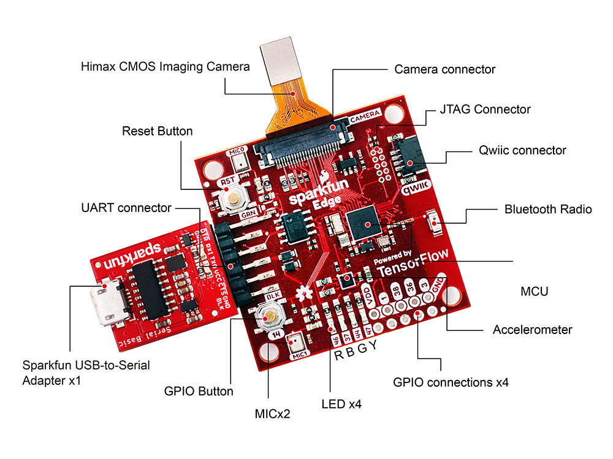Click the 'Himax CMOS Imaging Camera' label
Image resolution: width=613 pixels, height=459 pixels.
[166, 66]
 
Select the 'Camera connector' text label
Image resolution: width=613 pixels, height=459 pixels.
[444, 69]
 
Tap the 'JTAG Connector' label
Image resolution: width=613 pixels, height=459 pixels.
[485, 110]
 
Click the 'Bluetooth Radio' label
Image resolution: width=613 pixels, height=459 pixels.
[548, 209]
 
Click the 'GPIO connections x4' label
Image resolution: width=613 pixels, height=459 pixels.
[451, 383]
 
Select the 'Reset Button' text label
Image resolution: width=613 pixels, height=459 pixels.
[157, 131]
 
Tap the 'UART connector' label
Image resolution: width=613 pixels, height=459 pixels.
[126, 208]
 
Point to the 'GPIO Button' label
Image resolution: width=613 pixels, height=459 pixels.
[199, 392]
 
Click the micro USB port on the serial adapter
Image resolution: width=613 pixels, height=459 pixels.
[106, 306]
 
